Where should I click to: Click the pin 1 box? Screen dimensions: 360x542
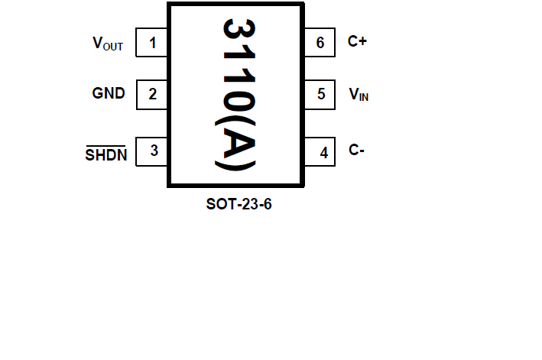coord(152,43)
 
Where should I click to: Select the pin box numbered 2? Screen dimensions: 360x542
coord(152,95)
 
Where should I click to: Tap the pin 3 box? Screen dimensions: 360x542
coord(152,151)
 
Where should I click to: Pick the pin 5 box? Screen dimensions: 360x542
coord(321,95)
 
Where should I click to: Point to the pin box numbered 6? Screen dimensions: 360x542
coord(321,43)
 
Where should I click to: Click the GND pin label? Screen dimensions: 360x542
coord(109,94)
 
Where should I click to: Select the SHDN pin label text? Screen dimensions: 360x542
coord(106,155)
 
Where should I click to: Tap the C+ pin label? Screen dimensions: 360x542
coord(358,42)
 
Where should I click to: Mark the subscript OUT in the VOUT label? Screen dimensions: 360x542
coord(112,47)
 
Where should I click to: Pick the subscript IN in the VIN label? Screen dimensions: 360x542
coord(364,98)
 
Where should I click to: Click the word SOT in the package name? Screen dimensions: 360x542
coord(219,205)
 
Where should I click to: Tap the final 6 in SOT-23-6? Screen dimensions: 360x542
coord(267,205)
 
